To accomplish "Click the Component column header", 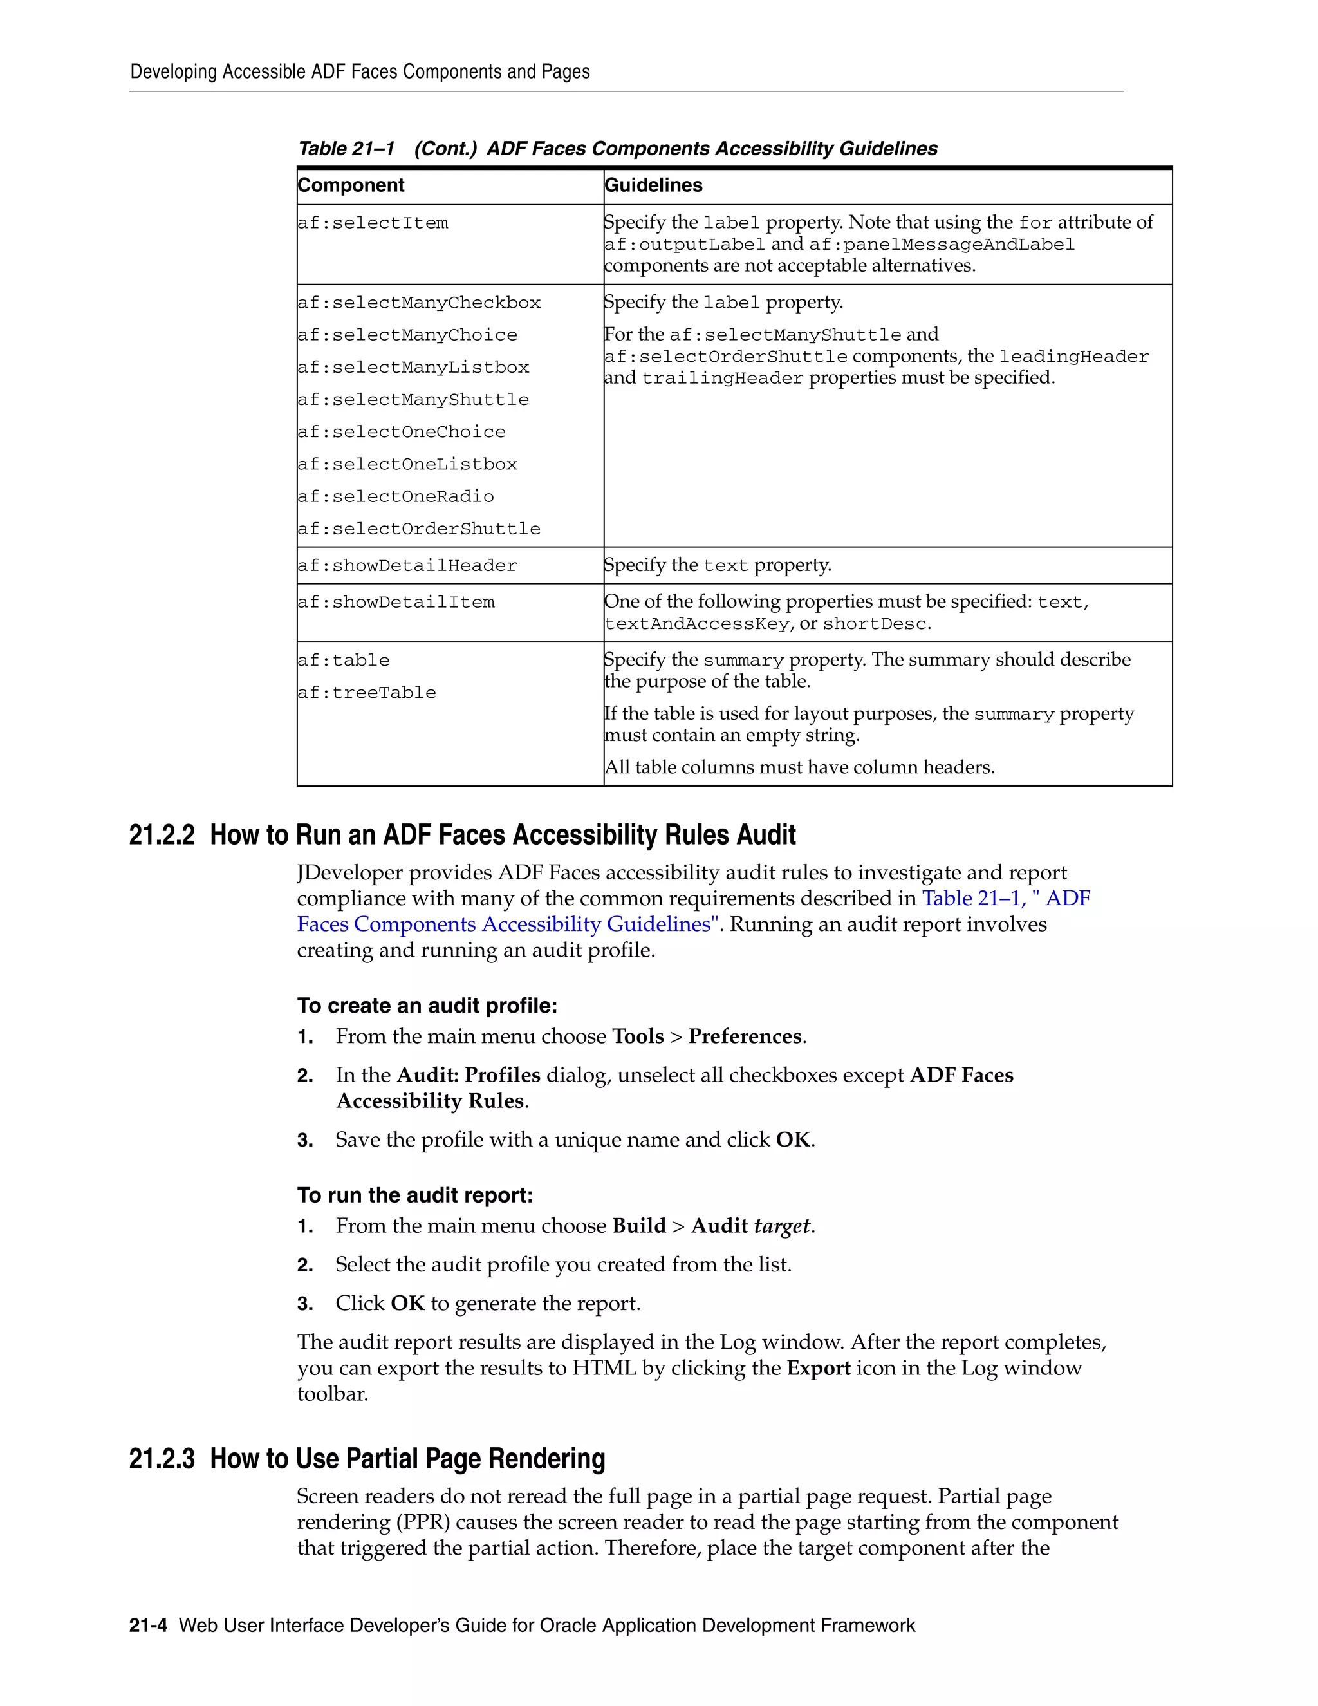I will pos(351,185).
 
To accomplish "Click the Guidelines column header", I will pos(654,185).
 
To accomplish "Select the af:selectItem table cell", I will pos(373,223).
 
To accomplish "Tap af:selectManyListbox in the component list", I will pos(413,367).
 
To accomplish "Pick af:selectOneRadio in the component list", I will pos(395,497).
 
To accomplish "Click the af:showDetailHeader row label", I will pos(407,565).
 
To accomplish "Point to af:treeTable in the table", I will pos(366,693).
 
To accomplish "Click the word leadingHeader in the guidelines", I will pos(1073,357).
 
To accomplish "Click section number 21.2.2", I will pos(162,835).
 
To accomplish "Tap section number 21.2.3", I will pos(162,1459).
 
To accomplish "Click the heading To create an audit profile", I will pos(427,1006).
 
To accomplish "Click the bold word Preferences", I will pos(745,1036).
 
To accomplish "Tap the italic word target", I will pos(781,1226).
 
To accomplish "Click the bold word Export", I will pos(819,1369).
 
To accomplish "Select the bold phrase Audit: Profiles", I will pos(469,1076).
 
